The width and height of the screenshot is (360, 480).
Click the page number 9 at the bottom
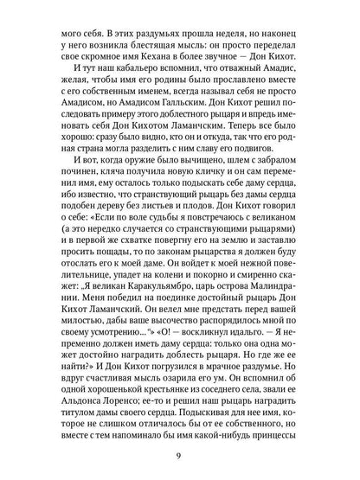coord(180,455)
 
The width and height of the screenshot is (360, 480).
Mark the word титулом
coord(81,446)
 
